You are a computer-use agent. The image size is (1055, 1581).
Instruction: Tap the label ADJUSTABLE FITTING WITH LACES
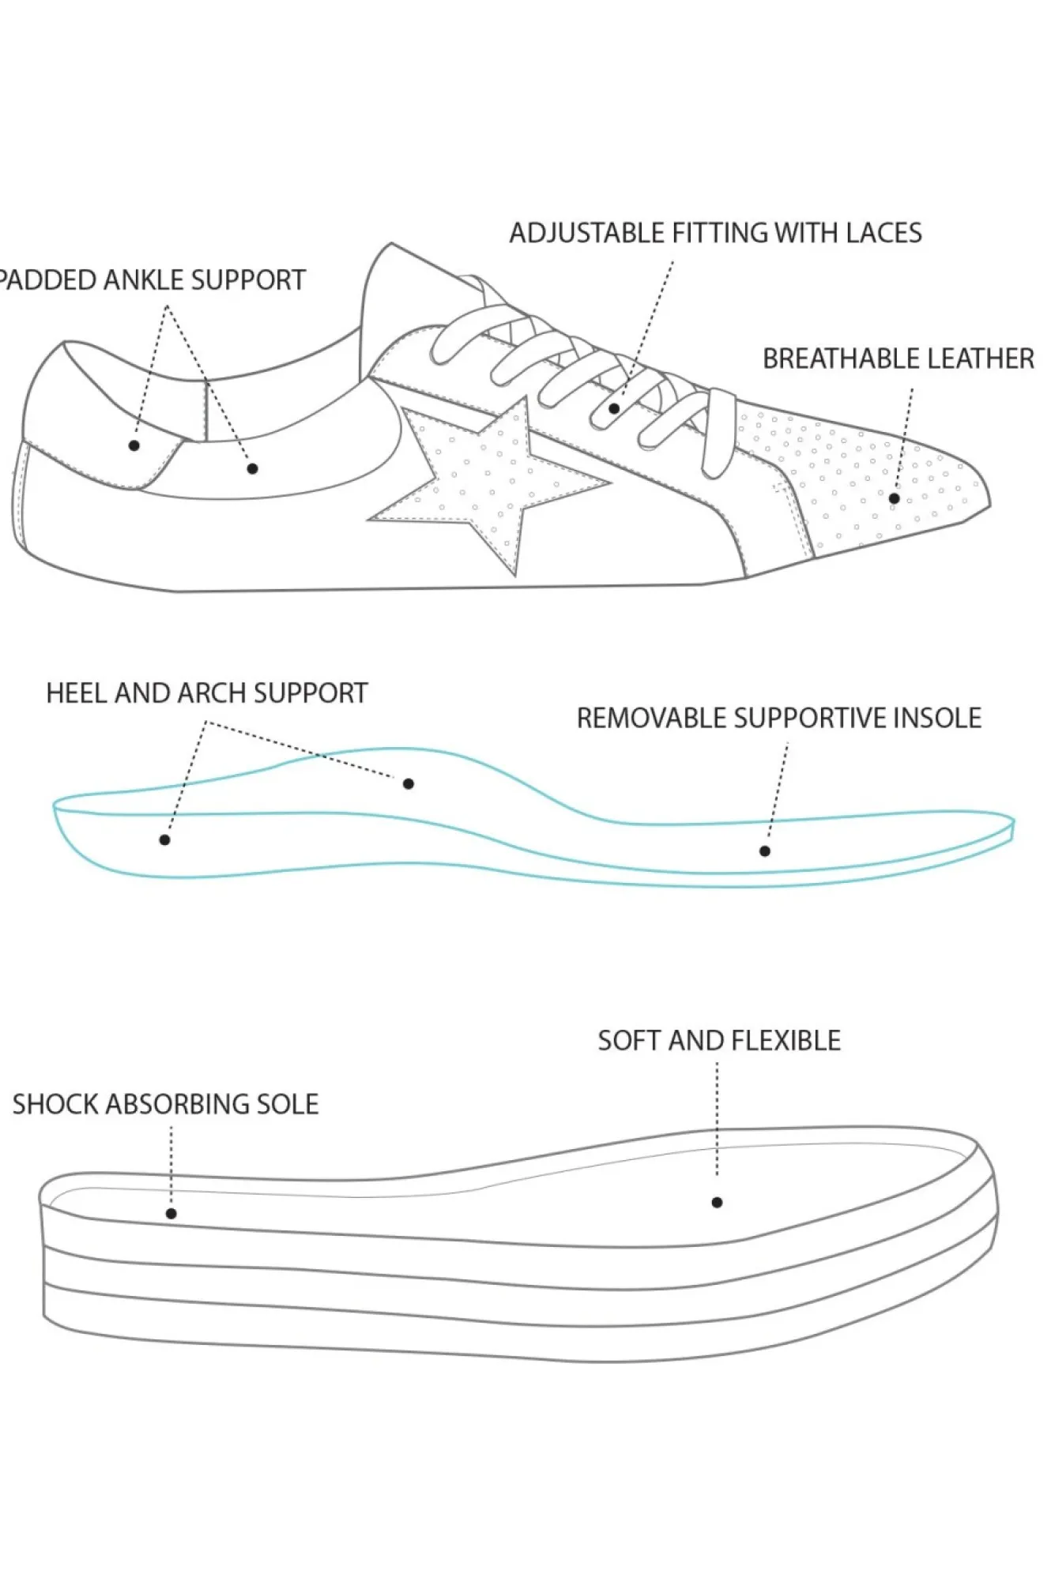pos(715,233)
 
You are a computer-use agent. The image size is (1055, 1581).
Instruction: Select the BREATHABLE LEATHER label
pos(898,359)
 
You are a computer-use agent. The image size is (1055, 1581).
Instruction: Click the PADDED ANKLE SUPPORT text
pos(152,280)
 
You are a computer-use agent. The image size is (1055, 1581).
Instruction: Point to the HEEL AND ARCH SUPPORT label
pos(207,693)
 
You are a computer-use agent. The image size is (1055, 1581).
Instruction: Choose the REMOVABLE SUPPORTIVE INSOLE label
pos(778,719)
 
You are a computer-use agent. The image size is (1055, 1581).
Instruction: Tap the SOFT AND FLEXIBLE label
pos(718,1041)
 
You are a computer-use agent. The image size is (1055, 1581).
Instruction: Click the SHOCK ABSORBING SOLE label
pos(165,1104)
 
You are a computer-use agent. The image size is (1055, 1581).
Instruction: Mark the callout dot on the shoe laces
pos(614,408)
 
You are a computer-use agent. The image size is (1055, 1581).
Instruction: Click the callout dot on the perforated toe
pos(894,498)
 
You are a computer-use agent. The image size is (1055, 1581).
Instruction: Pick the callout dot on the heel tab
pos(134,445)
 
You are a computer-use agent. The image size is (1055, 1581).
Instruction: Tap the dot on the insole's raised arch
pos(409,783)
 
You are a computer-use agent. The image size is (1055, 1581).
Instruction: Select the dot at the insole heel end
pos(164,839)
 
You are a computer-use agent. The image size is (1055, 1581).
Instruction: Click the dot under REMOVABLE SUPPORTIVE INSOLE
pos(765,851)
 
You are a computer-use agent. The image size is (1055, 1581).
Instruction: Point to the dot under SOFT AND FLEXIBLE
pos(717,1203)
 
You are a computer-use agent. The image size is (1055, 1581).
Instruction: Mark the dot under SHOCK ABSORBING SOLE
pos(171,1214)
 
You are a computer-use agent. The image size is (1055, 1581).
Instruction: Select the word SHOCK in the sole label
pos(55,1104)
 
